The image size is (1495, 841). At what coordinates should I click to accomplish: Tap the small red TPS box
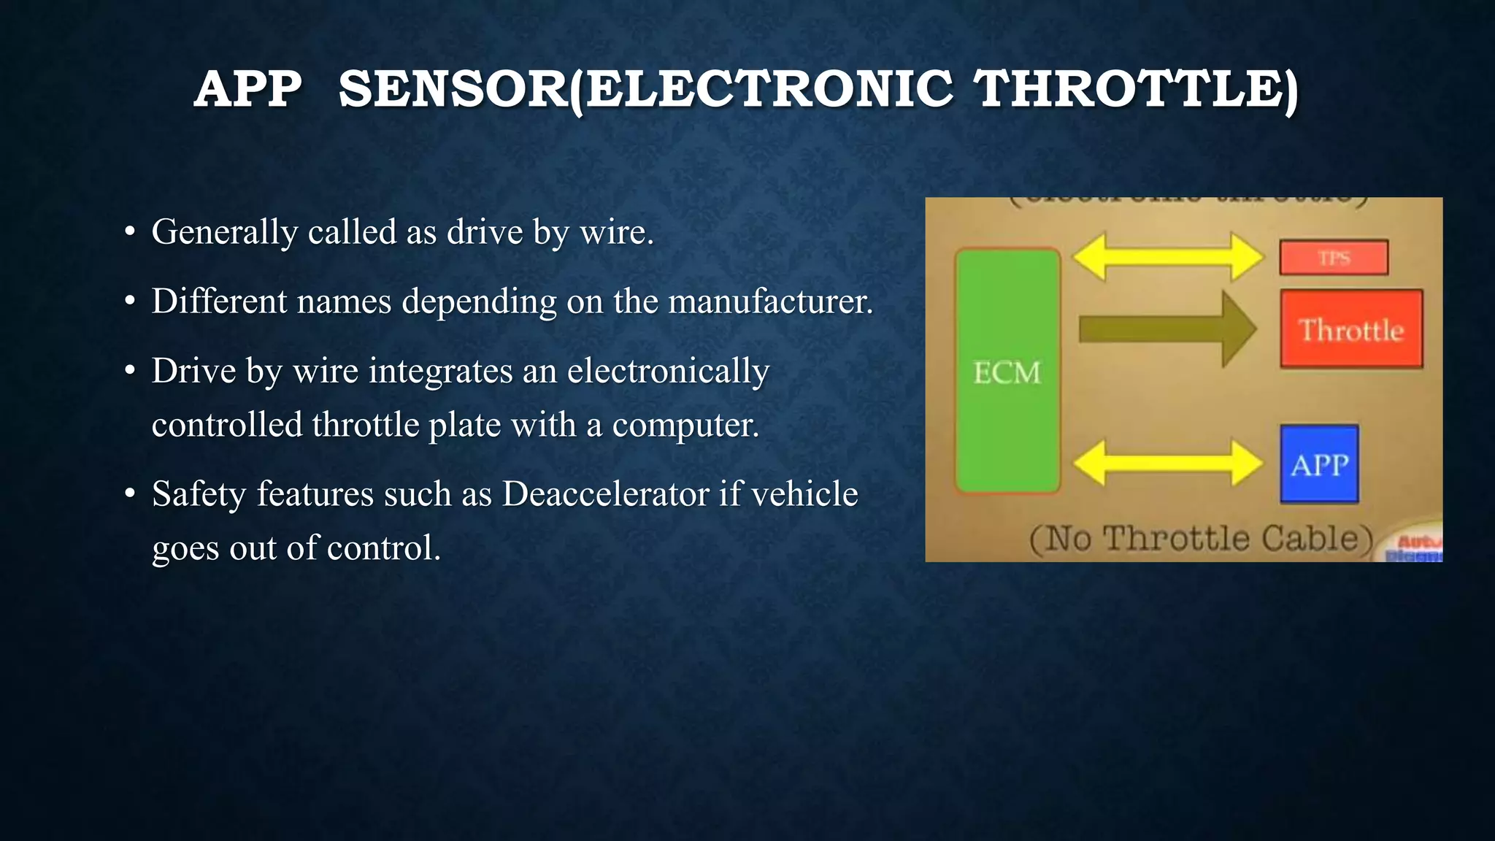(x=1334, y=258)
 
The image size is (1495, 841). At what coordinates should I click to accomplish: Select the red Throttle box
(x=1351, y=329)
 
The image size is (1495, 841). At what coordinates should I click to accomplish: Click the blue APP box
(x=1319, y=464)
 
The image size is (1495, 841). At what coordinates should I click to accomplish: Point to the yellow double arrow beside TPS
(x=1168, y=256)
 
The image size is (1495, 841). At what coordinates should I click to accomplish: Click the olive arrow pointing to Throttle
(x=1167, y=329)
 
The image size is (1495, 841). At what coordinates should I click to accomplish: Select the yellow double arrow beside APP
(x=1168, y=462)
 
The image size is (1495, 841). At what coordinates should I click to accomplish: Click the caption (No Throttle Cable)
(x=1201, y=539)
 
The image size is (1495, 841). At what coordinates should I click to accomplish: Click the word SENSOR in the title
(x=453, y=89)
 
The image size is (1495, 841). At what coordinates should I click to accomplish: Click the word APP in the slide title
(x=248, y=89)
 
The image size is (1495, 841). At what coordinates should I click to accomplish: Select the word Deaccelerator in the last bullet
(x=605, y=494)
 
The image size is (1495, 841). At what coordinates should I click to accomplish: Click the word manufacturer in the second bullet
(x=770, y=301)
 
